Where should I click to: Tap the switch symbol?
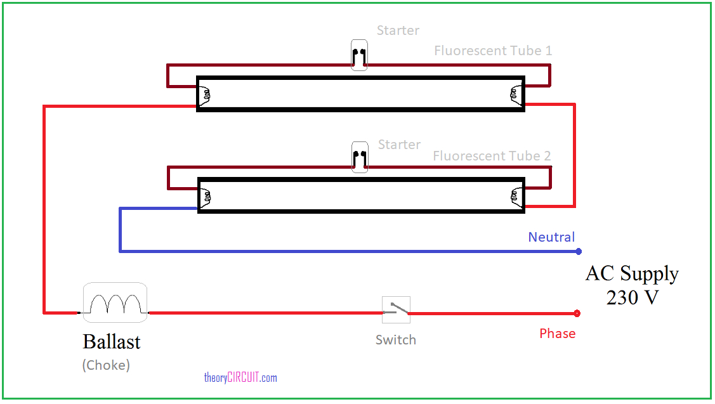pos(396,310)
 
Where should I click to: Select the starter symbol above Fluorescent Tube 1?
pos(359,55)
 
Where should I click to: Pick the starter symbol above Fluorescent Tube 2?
pos(359,157)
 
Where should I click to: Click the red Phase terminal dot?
pos(577,313)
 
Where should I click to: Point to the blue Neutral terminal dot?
pos(579,252)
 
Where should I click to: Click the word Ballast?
pos(112,342)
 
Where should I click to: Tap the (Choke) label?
pos(106,365)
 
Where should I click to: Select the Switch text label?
pos(396,340)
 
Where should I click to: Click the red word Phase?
pos(558,334)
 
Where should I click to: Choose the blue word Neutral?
pos(551,237)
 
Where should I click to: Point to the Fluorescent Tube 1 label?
pos(493,51)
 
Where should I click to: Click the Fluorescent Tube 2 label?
pos(492,156)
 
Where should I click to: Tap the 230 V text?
pos(633,297)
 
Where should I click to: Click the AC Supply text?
pos(632,273)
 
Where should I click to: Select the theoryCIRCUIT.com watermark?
pos(240,378)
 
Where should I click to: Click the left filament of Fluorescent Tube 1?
pos(206,94)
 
